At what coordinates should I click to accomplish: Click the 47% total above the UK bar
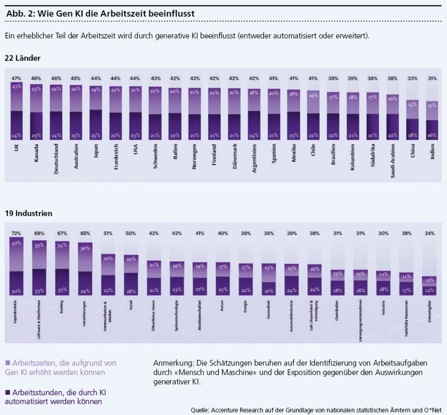coord(16,79)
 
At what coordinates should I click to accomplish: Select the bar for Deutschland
coord(56,112)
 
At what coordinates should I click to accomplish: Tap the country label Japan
coord(96,151)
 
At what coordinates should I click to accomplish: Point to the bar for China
coord(412,120)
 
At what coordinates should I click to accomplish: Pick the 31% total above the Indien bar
coord(432,79)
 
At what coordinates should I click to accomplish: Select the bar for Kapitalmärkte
coord(16,266)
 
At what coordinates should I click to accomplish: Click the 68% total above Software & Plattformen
coord(39,233)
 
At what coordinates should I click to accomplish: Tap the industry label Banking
coord(62,307)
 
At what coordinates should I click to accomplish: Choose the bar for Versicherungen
coord(85,269)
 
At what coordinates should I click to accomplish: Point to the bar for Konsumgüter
coord(429,286)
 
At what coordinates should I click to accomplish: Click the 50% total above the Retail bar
coord(131,233)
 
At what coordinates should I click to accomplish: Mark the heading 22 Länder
coord(22,58)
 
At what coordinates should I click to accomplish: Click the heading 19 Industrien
coord(28,213)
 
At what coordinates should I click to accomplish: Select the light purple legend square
coord(8,363)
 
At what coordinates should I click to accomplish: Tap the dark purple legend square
coord(8,392)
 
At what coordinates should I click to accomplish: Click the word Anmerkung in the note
coord(173,363)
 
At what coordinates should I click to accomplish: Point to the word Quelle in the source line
coord(200,410)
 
